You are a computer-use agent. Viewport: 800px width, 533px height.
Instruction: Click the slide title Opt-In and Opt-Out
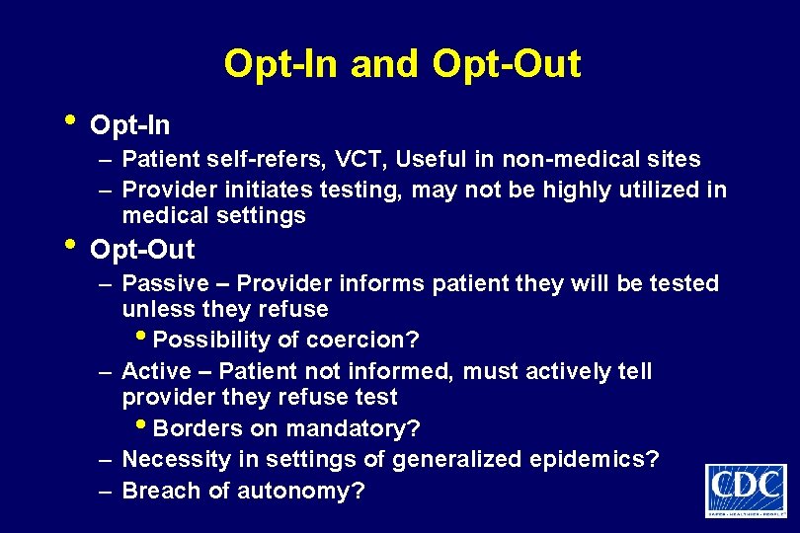tap(402, 64)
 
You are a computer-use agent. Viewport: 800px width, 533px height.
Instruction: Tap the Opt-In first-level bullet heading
tap(129, 126)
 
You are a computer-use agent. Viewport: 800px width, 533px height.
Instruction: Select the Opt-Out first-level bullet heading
tap(142, 250)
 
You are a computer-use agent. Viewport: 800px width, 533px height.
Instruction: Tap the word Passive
tap(165, 284)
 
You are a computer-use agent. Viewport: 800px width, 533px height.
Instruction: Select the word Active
tap(156, 372)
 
